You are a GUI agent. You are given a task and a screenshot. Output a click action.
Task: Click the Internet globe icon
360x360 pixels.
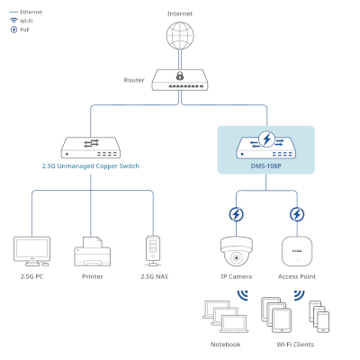[180, 35]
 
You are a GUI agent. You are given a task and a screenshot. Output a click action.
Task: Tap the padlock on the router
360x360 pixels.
[180, 76]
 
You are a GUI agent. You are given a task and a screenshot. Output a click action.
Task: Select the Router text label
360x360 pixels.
[134, 80]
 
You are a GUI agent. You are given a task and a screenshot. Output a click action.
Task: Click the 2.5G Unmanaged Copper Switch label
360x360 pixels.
[91, 166]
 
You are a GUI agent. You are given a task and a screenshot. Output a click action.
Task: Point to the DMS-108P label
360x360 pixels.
[266, 166]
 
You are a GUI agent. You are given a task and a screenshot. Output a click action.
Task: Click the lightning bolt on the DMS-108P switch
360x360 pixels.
[266, 139]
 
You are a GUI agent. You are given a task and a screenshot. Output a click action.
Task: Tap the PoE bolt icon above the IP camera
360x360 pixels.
[236, 214]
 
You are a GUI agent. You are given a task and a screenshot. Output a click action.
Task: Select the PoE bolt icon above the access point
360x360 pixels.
[297, 214]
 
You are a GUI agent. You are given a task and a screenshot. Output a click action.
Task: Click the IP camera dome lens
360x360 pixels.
[237, 257]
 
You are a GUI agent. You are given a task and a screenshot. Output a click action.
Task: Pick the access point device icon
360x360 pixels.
[297, 251]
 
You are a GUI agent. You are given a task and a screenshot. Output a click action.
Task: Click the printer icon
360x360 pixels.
[93, 251]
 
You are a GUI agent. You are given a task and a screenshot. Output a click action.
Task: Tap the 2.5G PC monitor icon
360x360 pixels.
[31, 251]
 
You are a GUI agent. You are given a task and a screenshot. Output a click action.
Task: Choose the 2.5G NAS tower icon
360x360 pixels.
[153, 251]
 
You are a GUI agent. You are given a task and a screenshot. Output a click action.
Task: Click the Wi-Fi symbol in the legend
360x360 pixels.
[13, 21]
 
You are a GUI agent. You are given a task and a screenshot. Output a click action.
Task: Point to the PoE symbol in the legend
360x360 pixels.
[13, 30]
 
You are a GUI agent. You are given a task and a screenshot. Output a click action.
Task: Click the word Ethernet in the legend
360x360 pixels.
[31, 12]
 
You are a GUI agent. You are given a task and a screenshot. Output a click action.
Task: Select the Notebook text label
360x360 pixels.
[226, 345]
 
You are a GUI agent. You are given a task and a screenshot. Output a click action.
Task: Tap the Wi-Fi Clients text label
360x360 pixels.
[295, 345]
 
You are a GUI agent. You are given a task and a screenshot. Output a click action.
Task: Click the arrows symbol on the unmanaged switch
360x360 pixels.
[91, 143]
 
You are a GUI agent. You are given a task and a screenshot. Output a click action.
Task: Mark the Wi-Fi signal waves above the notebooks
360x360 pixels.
[243, 294]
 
